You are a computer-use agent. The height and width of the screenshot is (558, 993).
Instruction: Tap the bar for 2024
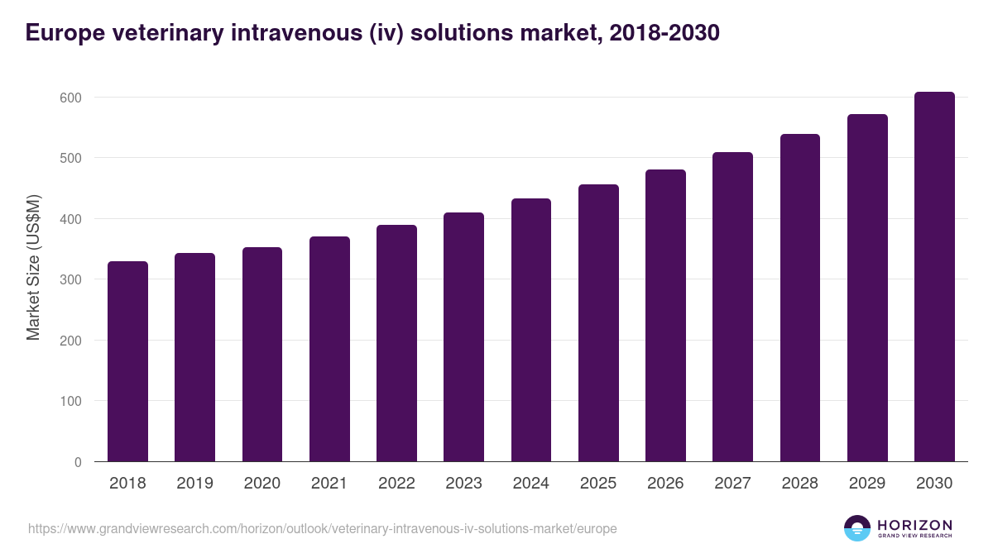[531, 330]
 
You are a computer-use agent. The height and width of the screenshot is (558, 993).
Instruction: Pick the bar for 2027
[732, 307]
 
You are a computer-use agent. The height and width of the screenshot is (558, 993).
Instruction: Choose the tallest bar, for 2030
[934, 277]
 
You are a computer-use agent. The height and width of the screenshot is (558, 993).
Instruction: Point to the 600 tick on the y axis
[72, 98]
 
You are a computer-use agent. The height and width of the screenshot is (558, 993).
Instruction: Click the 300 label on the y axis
[72, 279]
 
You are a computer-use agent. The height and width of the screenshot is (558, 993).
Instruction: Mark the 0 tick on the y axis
[78, 462]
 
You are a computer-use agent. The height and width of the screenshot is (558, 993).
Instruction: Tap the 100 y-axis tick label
[72, 401]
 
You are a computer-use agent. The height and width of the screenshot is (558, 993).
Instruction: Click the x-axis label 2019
[194, 484]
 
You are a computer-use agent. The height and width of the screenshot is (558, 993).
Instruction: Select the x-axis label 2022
[396, 484]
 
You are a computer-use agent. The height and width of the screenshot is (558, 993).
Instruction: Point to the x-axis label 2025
[598, 484]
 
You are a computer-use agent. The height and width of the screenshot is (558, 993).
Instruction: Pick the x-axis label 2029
[867, 484]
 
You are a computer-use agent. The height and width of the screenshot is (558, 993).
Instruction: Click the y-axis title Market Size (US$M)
[33, 267]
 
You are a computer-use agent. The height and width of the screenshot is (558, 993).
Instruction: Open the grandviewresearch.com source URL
[323, 528]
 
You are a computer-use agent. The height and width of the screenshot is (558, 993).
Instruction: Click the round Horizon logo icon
[857, 528]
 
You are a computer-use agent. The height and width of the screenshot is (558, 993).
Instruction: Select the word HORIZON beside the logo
[914, 525]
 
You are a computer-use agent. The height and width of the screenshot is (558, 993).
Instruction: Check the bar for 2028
[800, 298]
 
